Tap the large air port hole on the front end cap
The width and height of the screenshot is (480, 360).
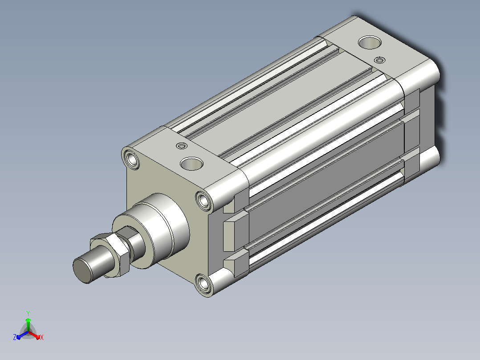click(x=191, y=164)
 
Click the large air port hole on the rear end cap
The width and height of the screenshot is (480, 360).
click(x=370, y=43)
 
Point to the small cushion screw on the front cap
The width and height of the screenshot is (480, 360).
click(x=182, y=146)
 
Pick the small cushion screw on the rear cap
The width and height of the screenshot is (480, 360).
click(x=380, y=60)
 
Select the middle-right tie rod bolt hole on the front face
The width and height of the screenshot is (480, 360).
click(x=203, y=200)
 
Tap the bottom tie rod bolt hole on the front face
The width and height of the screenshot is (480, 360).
click(x=203, y=284)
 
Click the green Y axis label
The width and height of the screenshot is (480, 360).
click(x=28, y=313)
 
